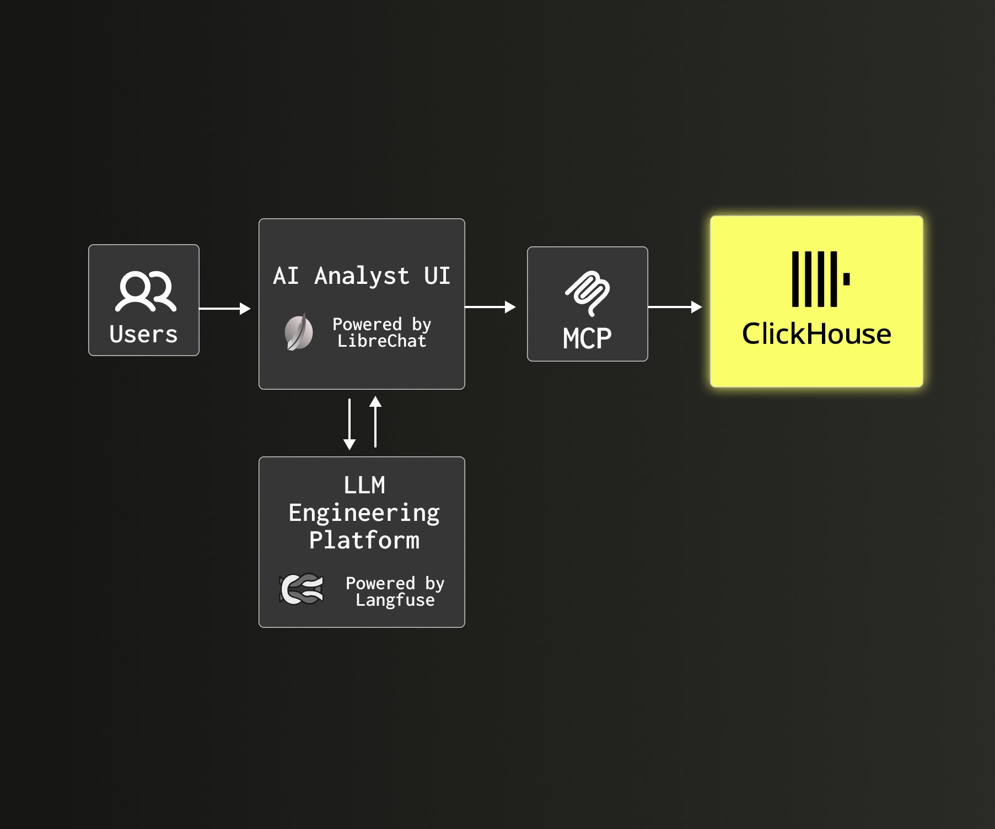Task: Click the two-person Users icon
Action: (x=146, y=291)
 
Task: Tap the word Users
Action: (x=143, y=335)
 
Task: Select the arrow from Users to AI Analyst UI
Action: (x=224, y=309)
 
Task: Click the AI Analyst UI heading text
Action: (x=362, y=276)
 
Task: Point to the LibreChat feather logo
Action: (x=299, y=332)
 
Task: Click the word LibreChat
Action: (x=381, y=341)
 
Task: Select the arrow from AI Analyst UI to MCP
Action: (x=490, y=307)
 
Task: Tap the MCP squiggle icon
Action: (x=588, y=293)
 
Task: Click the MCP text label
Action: (x=587, y=338)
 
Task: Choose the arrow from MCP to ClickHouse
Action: (x=675, y=307)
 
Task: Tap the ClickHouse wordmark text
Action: (x=816, y=334)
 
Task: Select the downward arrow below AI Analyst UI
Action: (x=349, y=424)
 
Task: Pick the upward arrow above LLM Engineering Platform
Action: (x=375, y=422)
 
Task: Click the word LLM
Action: (x=364, y=486)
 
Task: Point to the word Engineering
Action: (x=364, y=513)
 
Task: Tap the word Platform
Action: (x=364, y=540)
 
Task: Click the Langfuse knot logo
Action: (x=302, y=589)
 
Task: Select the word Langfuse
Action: (x=395, y=600)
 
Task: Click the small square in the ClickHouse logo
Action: (x=846, y=279)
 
